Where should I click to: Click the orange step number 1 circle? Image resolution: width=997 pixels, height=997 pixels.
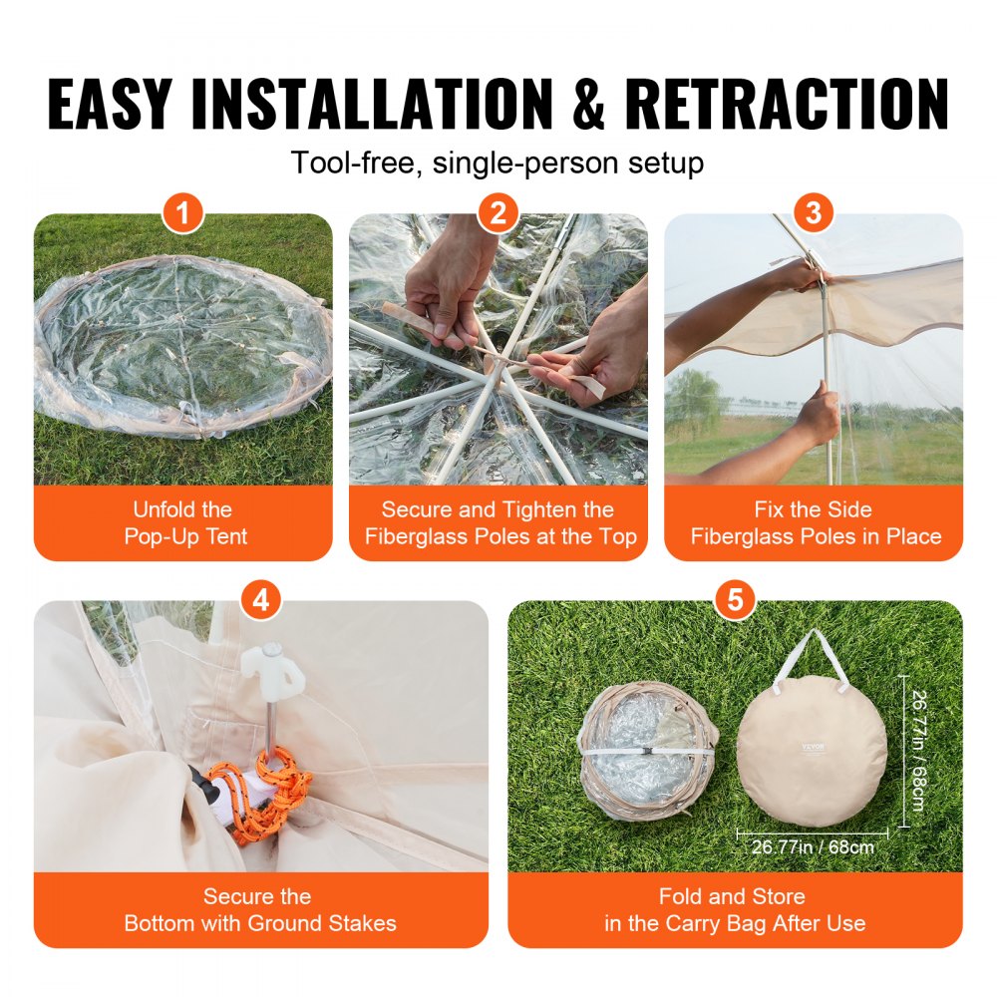pyautogui.click(x=183, y=213)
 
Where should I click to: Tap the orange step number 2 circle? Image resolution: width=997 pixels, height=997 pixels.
pyautogui.click(x=498, y=213)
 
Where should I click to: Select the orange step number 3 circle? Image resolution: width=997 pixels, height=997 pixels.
pyautogui.click(x=814, y=213)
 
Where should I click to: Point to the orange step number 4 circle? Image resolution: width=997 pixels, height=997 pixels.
pyautogui.click(x=261, y=600)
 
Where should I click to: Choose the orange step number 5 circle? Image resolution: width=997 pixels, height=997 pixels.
pyautogui.click(x=735, y=600)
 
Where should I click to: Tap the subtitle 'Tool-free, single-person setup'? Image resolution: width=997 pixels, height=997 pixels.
pyautogui.click(x=498, y=162)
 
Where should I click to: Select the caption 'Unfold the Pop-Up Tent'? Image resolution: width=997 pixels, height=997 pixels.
pyautogui.click(x=184, y=523)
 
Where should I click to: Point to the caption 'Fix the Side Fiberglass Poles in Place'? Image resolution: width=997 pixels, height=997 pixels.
pyautogui.click(x=815, y=523)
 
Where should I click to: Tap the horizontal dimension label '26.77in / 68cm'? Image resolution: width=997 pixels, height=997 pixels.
pyautogui.click(x=813, y=847)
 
